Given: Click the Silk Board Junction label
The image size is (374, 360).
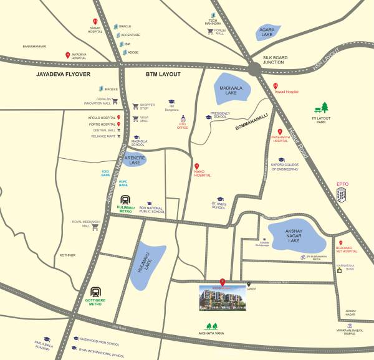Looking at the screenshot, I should coord(274,59).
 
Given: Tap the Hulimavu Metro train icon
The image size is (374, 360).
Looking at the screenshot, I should coord(126,201).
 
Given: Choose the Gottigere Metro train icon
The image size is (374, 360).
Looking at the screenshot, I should coord(96,291).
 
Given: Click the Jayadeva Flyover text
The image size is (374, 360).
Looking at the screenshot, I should coord(64,74).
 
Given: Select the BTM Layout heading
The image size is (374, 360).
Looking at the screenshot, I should coord(163,74).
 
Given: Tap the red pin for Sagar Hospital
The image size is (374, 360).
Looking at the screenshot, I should coord(95,22).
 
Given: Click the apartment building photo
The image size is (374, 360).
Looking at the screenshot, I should coord(223,298).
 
